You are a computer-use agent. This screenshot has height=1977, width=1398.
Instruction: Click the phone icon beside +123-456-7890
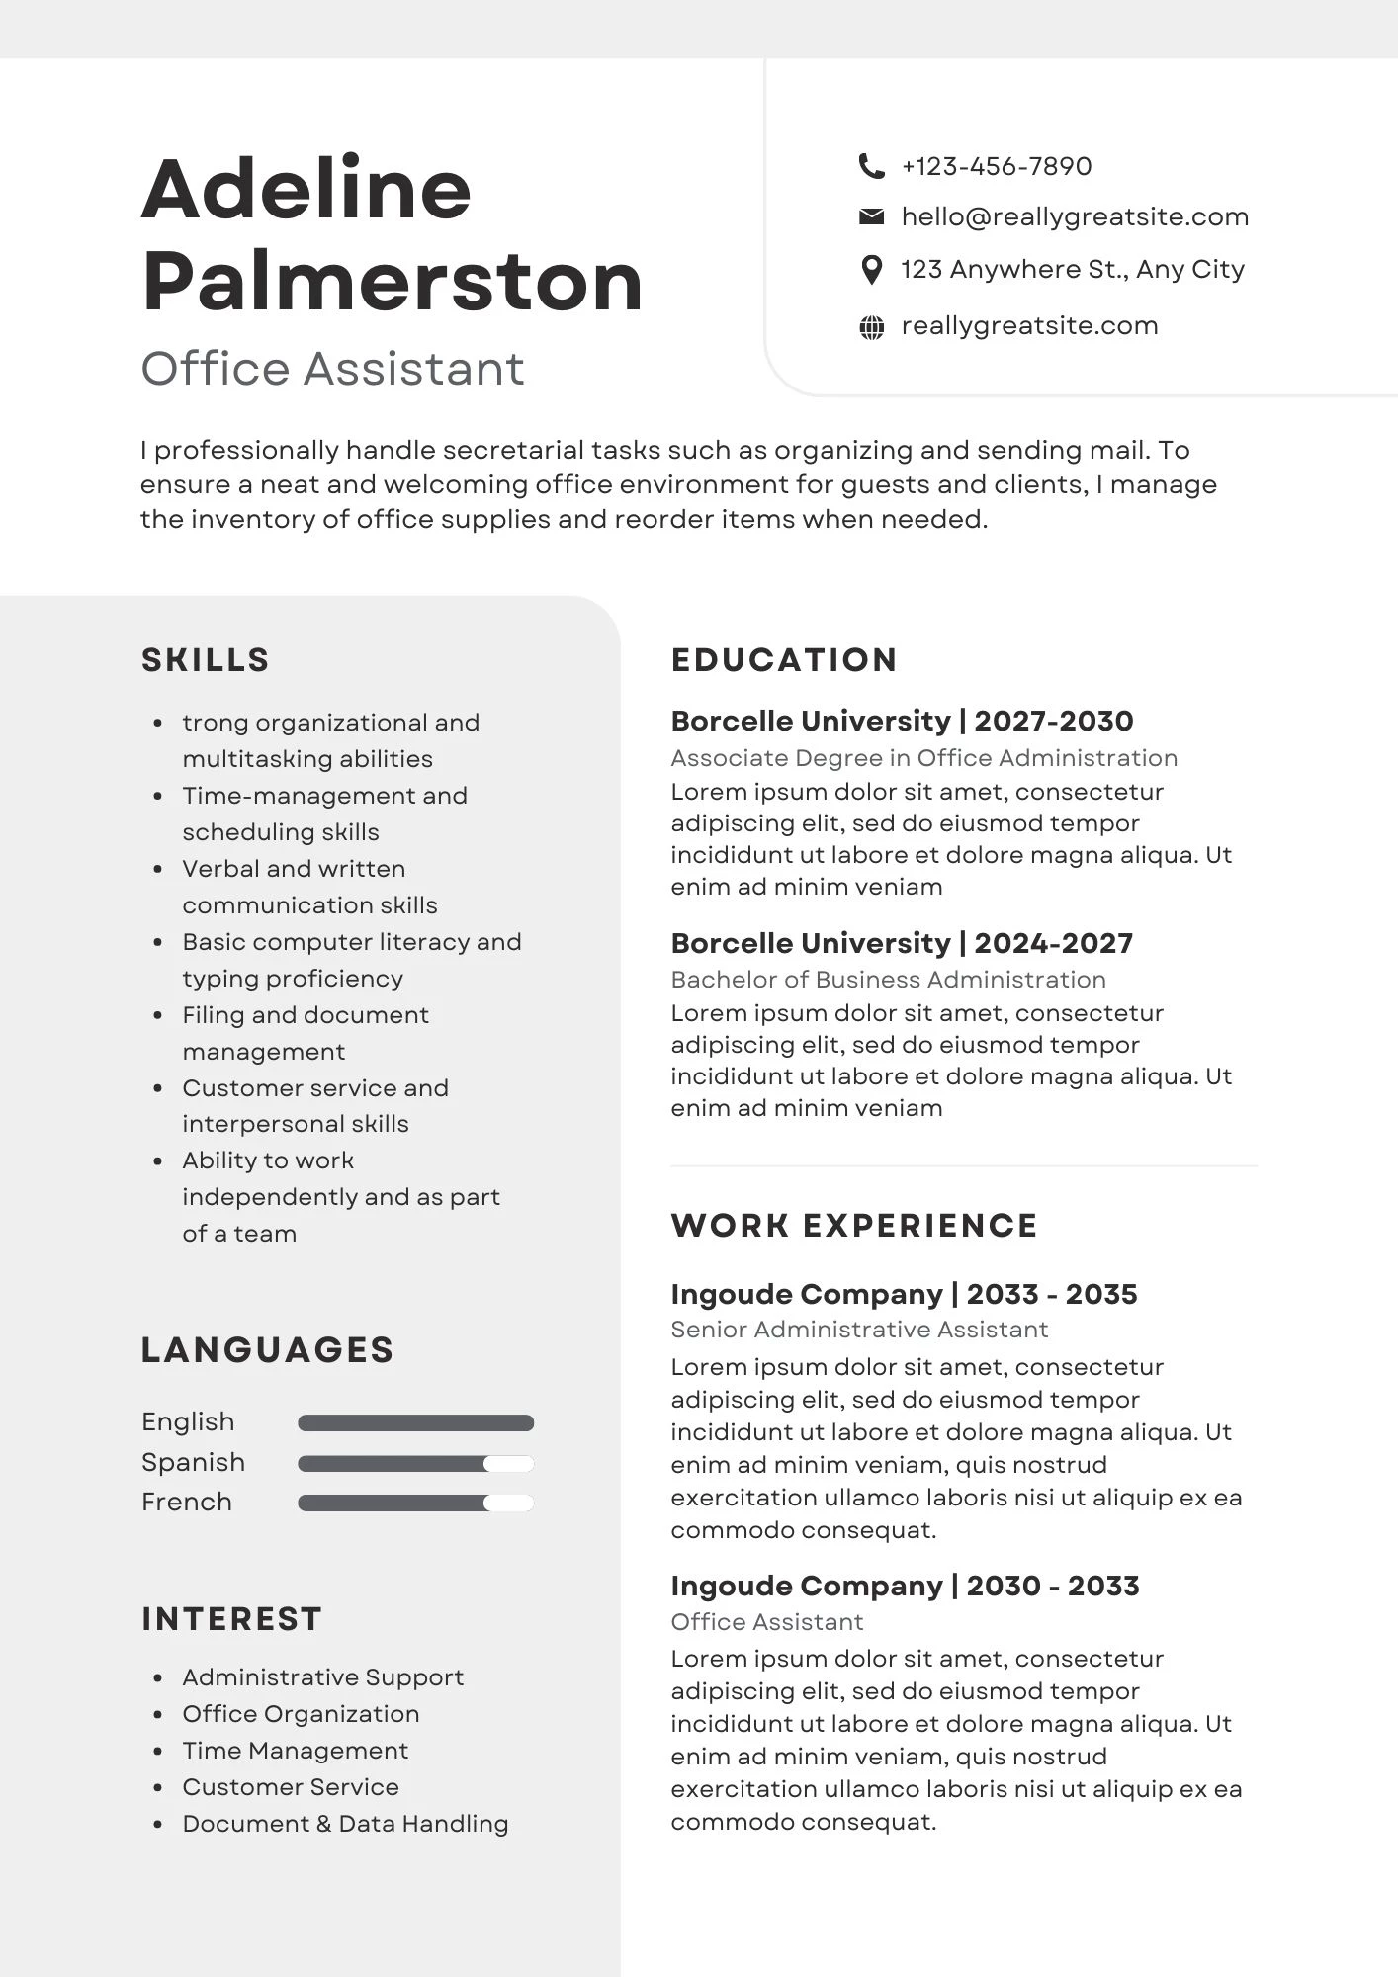click(871, 166)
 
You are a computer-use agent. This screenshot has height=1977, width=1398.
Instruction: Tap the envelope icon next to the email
click(871, 216)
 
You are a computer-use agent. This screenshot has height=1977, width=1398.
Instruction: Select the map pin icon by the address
click(871, 269)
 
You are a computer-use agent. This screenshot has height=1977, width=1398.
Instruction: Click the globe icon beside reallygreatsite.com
click(871, 327)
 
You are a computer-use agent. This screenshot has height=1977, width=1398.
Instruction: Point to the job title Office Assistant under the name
click(332, 369)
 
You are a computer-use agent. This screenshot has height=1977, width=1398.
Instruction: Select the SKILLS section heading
click(206, 660)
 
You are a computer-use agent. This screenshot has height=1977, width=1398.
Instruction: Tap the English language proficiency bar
click(415, 1423)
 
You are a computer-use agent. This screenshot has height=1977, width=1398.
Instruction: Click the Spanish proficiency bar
click(415, 1464)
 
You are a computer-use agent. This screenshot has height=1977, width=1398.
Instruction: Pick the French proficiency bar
click(415, 1504)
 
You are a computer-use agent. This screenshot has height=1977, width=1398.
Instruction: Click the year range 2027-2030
click(1054, 721)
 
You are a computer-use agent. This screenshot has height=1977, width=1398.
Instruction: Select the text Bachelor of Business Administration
click(888, 980)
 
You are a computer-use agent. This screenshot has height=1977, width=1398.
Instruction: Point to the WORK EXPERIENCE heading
click(854, 1226)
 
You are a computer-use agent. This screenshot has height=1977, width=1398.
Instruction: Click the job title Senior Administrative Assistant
click(859, 1330)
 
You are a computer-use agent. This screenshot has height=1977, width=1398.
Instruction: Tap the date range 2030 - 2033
click(1053, 1586)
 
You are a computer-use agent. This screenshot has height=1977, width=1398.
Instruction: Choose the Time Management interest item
click(295, 1751)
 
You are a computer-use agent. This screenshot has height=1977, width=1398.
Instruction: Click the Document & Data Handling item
click(345, 1824)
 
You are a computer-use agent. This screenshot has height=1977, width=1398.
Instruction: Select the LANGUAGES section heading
click(268, 1350)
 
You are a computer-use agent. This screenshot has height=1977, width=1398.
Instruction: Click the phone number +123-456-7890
click(997, 166)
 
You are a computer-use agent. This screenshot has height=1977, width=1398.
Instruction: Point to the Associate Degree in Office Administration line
click(923, 758)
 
